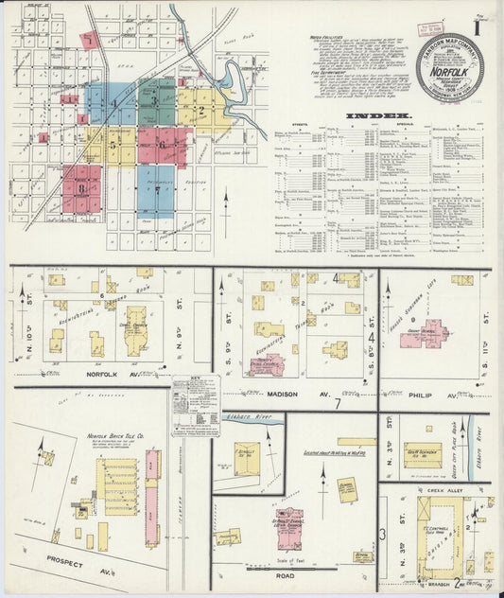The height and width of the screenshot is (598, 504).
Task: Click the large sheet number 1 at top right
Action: [x=478, y=20]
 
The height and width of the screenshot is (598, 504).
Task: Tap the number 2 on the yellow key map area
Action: [x=199, y=111]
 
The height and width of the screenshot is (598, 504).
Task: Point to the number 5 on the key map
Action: [x=113, y=146]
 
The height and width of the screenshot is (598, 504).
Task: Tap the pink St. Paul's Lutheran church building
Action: [x=289, y=530]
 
